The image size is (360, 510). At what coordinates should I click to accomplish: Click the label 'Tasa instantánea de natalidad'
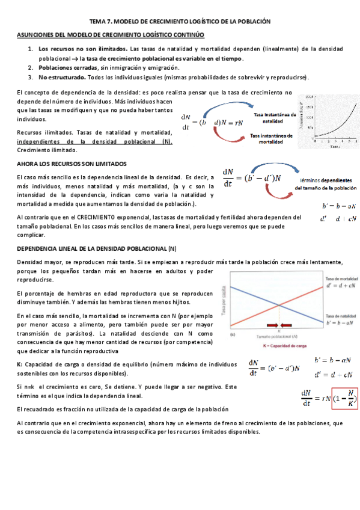(x=275, y=117)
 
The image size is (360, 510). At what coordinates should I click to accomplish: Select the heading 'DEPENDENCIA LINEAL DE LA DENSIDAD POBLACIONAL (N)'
(x=96, y=248)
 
